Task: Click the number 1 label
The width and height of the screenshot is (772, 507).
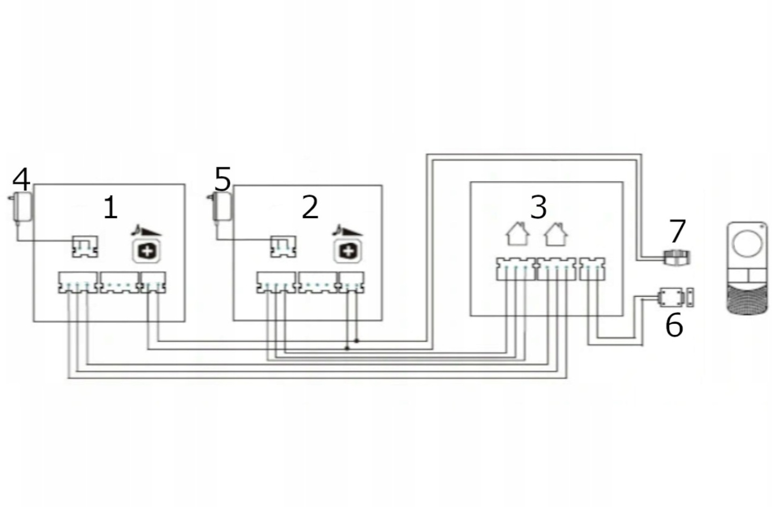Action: tap(110, 208)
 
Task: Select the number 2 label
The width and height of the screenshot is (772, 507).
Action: tap(310, 207)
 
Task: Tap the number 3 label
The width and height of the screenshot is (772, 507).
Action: tap(538, 206)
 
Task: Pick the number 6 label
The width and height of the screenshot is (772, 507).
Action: tap(674, 325)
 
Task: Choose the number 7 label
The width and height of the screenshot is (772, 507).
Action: tap(678, 230)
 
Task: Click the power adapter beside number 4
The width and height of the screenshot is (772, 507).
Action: tap(21, 206)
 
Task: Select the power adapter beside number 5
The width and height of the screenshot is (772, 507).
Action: tap(221, 206)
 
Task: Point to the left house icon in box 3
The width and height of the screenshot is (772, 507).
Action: tap(517, 234)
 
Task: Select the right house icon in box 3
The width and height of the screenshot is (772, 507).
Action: tap(556, 234)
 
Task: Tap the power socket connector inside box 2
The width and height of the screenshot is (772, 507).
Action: tap(283, 246)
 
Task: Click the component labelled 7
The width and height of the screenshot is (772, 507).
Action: tap(677, 258)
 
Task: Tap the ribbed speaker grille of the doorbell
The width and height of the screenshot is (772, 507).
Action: tap(746, 300)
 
